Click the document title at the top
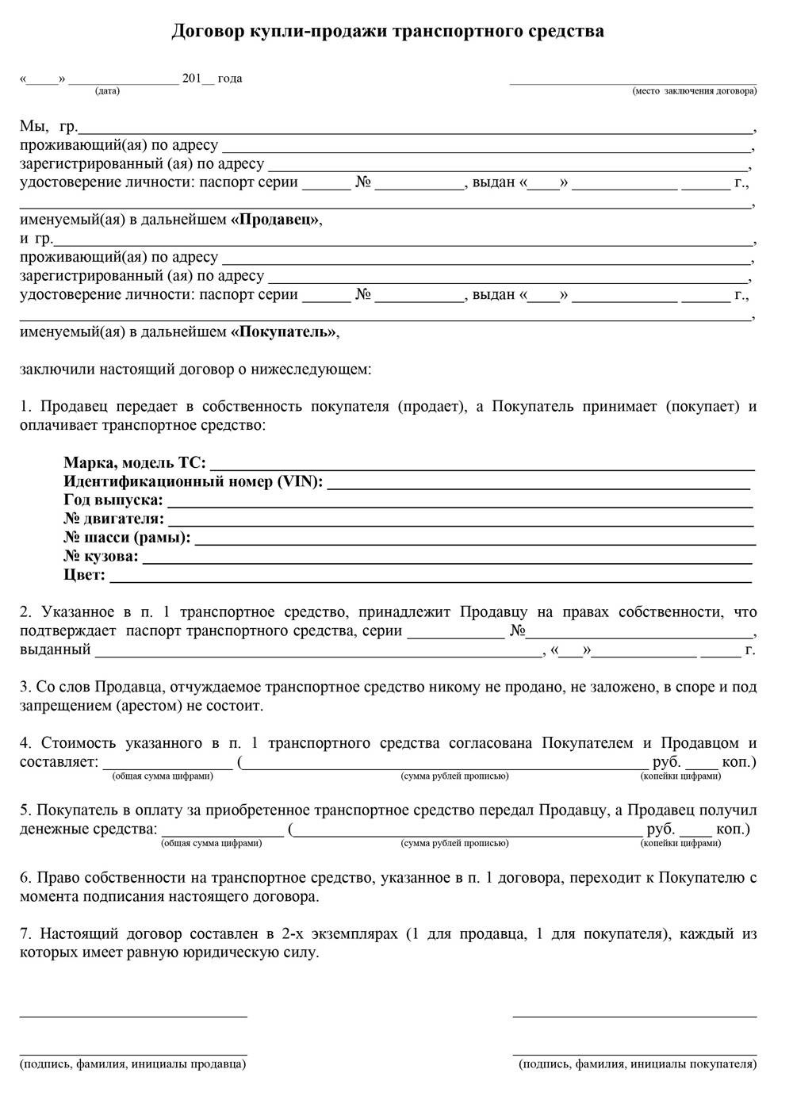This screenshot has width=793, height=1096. click(x=388, y=31)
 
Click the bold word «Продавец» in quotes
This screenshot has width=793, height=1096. click(x=276, y=220)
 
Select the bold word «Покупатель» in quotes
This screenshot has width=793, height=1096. click(x=284, y=332)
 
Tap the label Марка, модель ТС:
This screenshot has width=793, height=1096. click(x=134, y=463)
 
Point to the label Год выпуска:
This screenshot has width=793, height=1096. click(x=113, y=500)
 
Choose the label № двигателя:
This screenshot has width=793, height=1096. click(x=113, y=519)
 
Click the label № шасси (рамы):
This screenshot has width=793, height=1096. click(x=127, y=538)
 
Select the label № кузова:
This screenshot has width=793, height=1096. click(x=101, y=557)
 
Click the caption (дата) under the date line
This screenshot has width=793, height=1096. click(x=107, y=91)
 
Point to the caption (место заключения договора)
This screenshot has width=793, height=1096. click(x=694, y=91)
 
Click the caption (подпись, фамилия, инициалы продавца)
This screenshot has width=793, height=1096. click(x=132, y=1064)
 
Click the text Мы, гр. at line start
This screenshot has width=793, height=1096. click(x=48, y=126)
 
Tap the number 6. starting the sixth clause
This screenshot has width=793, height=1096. click(x=25, y=878)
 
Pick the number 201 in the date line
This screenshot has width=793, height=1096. click(x=191, y=79)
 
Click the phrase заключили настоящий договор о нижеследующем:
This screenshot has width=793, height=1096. click(x=195, y=369)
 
